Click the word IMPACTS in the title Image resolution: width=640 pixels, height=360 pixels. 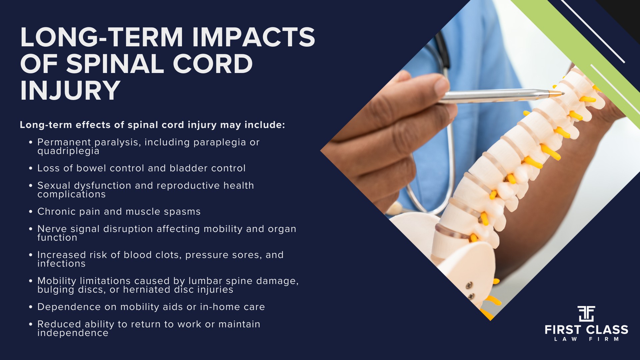pos(253,37)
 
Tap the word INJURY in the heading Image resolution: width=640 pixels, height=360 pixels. pos(70,90)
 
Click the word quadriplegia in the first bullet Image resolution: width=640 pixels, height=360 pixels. pos(68,152)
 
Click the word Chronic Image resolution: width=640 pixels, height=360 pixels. pos(57,212)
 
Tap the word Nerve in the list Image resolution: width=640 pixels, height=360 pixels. pos(52,229)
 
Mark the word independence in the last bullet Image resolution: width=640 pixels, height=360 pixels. pos(73,333)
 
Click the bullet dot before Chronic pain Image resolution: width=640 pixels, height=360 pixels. pos(31,212)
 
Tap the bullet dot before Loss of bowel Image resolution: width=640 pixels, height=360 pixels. pos(31,168)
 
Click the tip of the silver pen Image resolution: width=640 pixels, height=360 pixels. pos(562,93)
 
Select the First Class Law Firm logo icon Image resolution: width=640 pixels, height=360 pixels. pos(586,313)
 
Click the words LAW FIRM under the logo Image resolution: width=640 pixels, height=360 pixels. pos(586,339)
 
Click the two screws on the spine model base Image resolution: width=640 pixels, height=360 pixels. pos(470,290)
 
